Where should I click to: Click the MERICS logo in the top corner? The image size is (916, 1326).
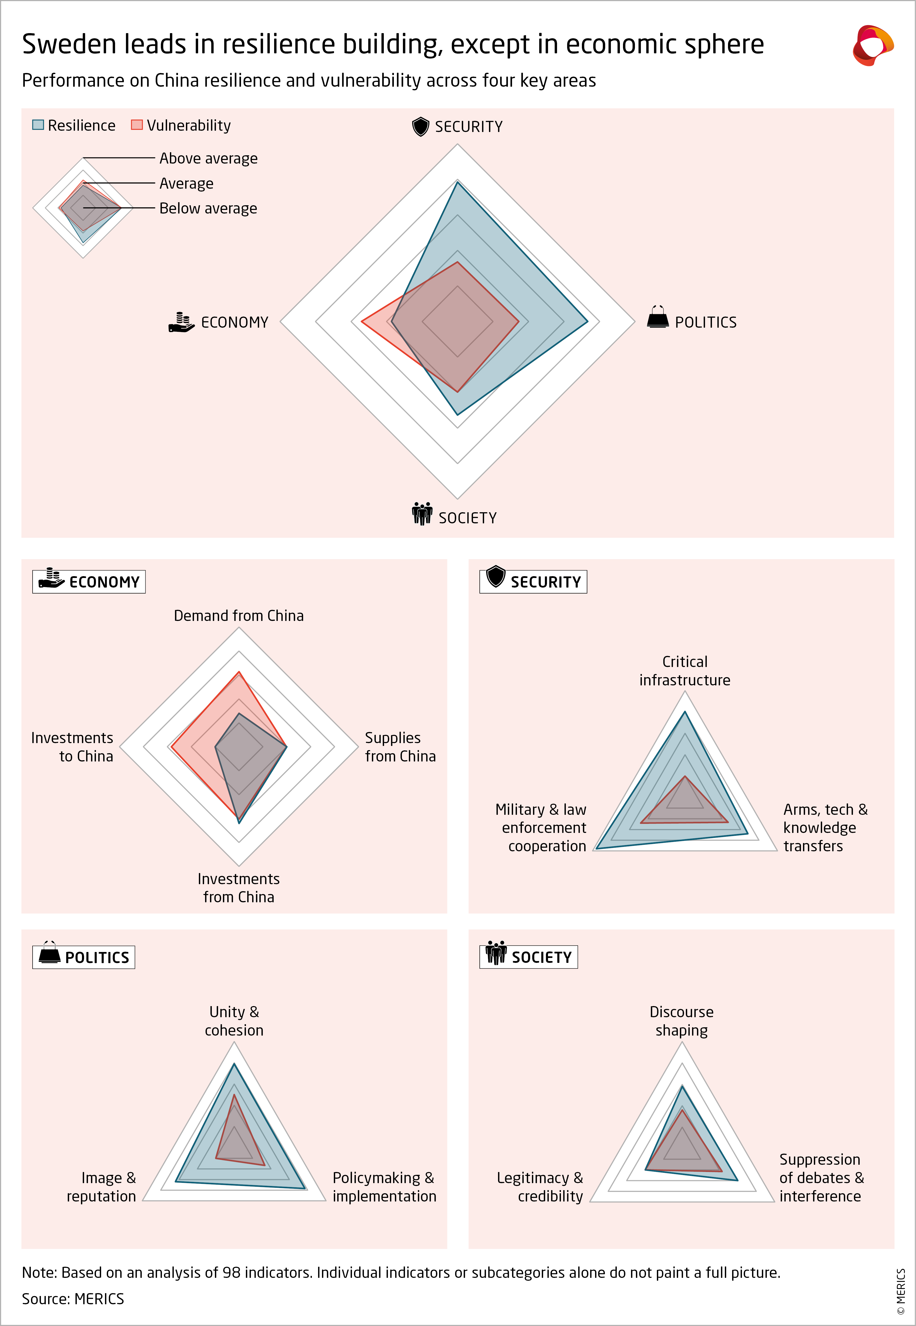point(872,45)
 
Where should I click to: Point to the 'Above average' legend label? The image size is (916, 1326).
point(208,158)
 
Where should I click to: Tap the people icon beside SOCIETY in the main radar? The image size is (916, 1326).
point(422,514)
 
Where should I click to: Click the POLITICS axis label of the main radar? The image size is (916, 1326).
point(705,322)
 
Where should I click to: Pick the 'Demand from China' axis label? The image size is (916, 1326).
point(239,616)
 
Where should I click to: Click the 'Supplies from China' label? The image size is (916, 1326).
point(400,746)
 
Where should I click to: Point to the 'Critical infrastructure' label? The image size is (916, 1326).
point(685,671)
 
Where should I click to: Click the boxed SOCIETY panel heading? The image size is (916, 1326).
point(529,957)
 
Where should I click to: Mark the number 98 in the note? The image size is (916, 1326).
point(231,1273)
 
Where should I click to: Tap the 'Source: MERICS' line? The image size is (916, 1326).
point(73,1299)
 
